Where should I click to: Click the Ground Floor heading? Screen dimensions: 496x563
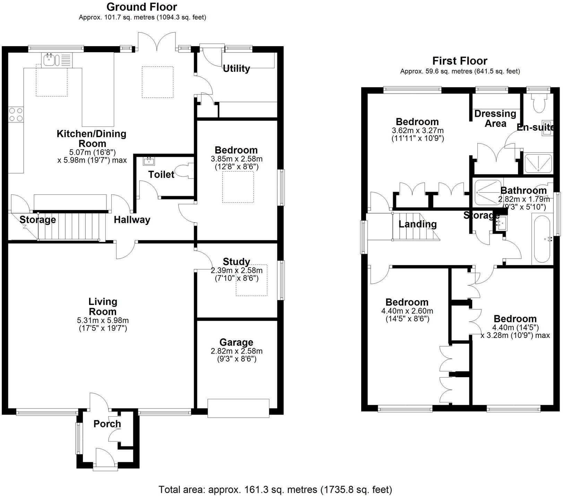click(141, 7)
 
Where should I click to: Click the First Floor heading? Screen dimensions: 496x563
click(459, 61)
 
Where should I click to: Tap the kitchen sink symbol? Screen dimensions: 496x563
click(50, 59)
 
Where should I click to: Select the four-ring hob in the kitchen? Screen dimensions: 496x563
click(16, 115)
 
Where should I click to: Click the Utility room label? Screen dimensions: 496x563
click(236, 69)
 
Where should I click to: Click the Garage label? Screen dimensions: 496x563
click(236, 342)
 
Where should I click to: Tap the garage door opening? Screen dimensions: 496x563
click(238, 408)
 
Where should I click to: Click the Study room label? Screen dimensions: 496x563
click(236, 262)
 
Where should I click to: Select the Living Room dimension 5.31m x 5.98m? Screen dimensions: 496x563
click(103, 321)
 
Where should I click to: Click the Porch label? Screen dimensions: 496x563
click(107, 424)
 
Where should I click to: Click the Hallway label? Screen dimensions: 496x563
click(132, 220)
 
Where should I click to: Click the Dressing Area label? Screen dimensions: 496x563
click(495, 119)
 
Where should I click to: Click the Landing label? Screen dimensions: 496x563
click(417, 224)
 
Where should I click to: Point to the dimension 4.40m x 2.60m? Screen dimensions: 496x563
click(407, 311)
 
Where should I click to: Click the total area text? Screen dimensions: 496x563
click(275, 489)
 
